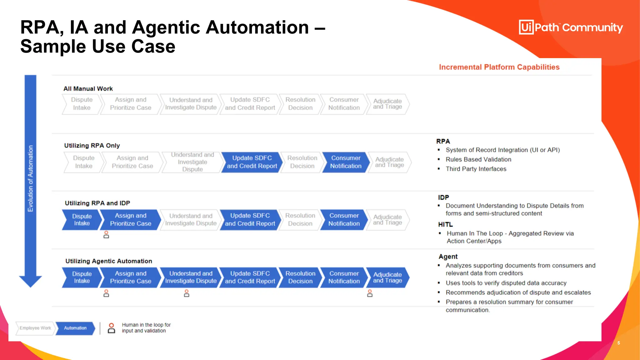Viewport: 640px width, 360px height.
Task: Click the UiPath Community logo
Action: click(571, 27)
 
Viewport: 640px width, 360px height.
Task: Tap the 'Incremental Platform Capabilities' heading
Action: click(499, 67)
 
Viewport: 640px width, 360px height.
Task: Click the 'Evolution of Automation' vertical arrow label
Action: click(30, 178)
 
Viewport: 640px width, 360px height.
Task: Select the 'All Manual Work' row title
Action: click(88, 89)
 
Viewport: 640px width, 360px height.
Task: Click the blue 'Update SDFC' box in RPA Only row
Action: click(252, 162)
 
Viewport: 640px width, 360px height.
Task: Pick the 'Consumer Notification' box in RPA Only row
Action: click(345, 162)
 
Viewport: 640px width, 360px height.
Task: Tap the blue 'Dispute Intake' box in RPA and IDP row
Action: click(82, 220)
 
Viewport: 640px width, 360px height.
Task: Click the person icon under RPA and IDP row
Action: click(106, 235)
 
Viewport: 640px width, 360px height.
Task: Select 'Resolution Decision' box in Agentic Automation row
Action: click(300, 277)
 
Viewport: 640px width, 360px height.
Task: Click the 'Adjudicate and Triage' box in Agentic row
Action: click(387, 277)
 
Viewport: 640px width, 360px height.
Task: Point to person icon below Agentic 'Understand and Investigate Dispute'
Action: click(187, 293)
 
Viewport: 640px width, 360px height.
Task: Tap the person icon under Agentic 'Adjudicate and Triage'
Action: click(370, 293)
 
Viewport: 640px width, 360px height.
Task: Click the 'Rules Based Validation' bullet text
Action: click(478, 159)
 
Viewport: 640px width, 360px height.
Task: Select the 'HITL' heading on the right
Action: click(445, 224)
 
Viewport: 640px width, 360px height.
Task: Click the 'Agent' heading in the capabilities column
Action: click(448, 257)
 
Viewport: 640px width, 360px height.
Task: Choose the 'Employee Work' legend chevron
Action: click(35, 328)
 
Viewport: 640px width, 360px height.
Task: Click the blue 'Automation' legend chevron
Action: click(75, 328)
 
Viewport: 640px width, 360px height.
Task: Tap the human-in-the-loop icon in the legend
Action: click(111, 328)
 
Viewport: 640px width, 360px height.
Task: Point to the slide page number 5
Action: click(618, 343)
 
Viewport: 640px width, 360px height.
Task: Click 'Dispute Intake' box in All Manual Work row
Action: click(82, 104)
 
